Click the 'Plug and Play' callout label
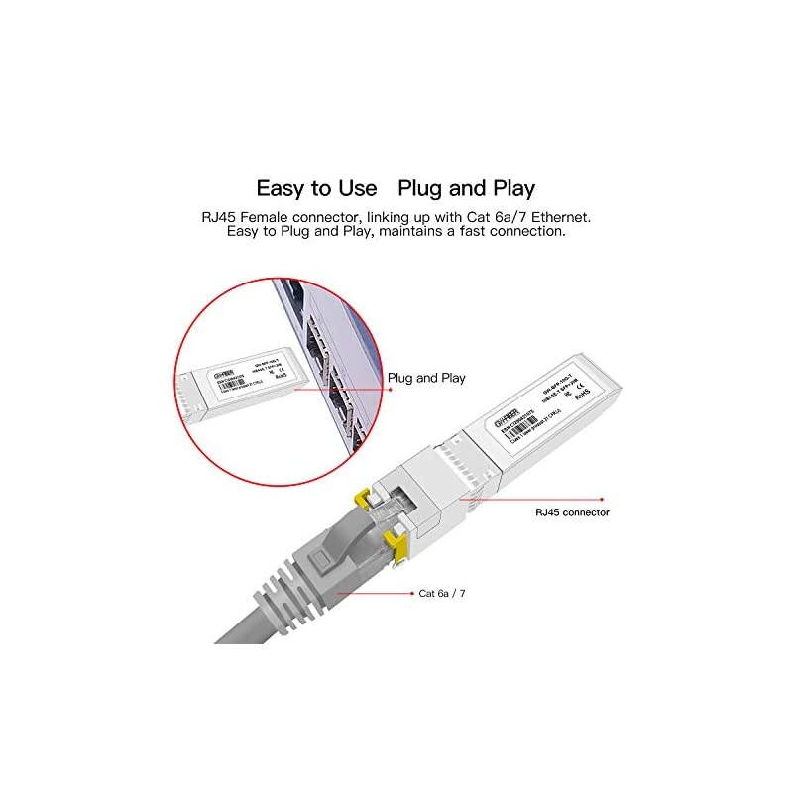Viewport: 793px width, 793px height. coord(426,378)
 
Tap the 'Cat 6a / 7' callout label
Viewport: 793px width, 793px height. coord(442,593)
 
